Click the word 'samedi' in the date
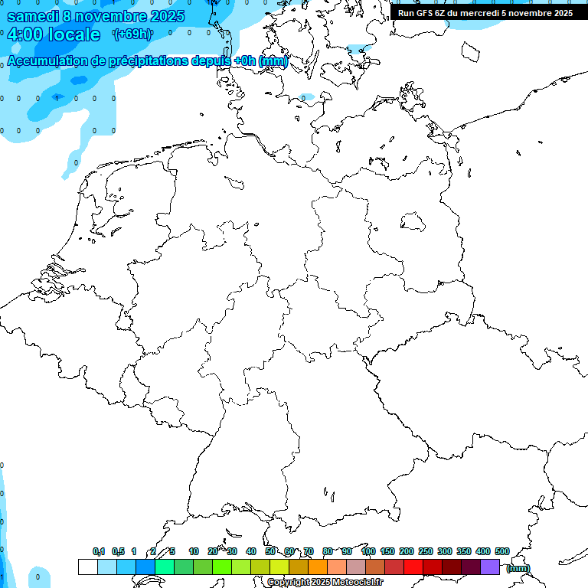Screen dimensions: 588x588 click(x=32, y=16)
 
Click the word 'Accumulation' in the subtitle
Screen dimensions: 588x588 click(x=47, y=62)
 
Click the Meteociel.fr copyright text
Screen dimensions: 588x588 click(x=335, y=583)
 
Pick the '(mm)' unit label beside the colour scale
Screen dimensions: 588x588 click(x=518, y=568)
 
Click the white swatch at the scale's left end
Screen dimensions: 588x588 click(x=87, y=567)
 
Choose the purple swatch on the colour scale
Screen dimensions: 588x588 click(x=490, y=567)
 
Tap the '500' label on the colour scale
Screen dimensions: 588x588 click(x=502, y=551)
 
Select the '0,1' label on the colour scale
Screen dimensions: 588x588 click(x=99, y=551)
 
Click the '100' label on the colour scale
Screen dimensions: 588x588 click(x=367, y=551)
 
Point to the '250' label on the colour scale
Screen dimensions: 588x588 click(x=426, y=551)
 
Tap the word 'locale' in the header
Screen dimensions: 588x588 click(x=74, y=34)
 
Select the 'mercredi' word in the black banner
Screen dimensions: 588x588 click(x=477, y=13)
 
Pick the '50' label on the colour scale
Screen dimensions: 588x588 click(x=270, y=551)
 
